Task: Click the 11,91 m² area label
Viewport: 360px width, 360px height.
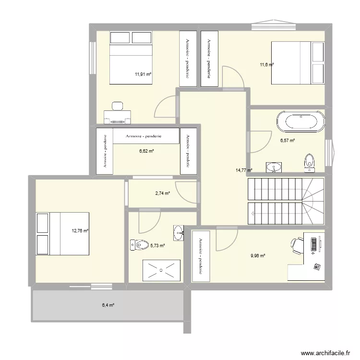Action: pyautogui.click(x=143, y=74)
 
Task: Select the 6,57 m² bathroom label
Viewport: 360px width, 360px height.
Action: pyautogui.click(x=287, y=141)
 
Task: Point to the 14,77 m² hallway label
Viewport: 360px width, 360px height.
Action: pyautogui.click(x=243, y=170)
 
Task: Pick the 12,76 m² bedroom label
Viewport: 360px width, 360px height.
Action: pyautogui.click(x=80, y=231)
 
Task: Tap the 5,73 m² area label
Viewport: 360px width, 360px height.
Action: pyautogui.click(x=157, y=245)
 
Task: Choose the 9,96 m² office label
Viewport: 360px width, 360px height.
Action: pyautogui.click(x=258, y=256)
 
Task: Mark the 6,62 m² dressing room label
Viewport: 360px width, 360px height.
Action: pyautogui.click(x=146, y=151)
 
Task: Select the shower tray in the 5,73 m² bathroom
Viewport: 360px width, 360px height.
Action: pyautogui.click(x=161, y=271)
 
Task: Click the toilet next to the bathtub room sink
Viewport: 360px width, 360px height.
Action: pyautogui.click(x=309, y=162)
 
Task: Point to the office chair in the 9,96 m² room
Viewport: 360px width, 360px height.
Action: pyautogui.click(x=297, y=245)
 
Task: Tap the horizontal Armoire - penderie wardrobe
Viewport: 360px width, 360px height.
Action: pyautogui.click(x=144, y=136)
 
